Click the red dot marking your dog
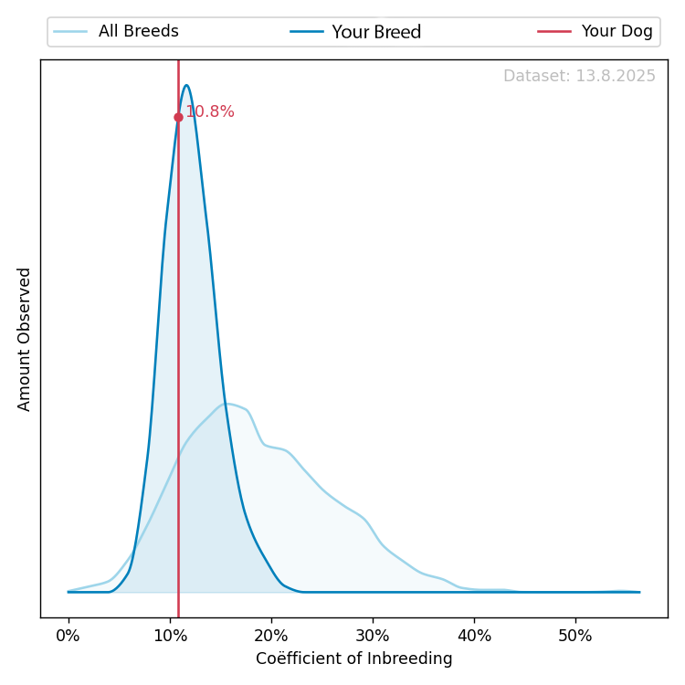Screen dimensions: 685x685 tap(178, 117)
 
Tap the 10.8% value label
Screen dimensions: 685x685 tap(209, 112)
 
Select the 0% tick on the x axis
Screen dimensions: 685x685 tap(68, 635)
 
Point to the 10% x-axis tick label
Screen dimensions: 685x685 tap(170, 635)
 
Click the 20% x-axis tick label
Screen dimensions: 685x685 tap(271, 635)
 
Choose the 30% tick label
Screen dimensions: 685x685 tap(373, 635)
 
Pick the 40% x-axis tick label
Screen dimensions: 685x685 tap(474, 635)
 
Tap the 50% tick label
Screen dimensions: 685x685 tap(575, 635)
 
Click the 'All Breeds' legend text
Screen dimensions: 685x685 tap(139, 32)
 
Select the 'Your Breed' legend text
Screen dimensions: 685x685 tap(376, 32)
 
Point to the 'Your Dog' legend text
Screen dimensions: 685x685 tap(617, 32)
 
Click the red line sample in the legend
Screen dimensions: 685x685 tap(554, 32)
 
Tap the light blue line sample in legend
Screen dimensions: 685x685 tap(70, 32)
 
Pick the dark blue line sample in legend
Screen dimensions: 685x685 tap(307, 32)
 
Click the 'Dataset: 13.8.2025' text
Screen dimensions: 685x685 tap(579, 77)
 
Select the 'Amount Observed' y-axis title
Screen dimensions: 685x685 tap(25, 339)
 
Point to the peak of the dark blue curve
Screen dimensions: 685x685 tap(186, 86)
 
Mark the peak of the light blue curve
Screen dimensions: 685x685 tap(227, 404)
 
